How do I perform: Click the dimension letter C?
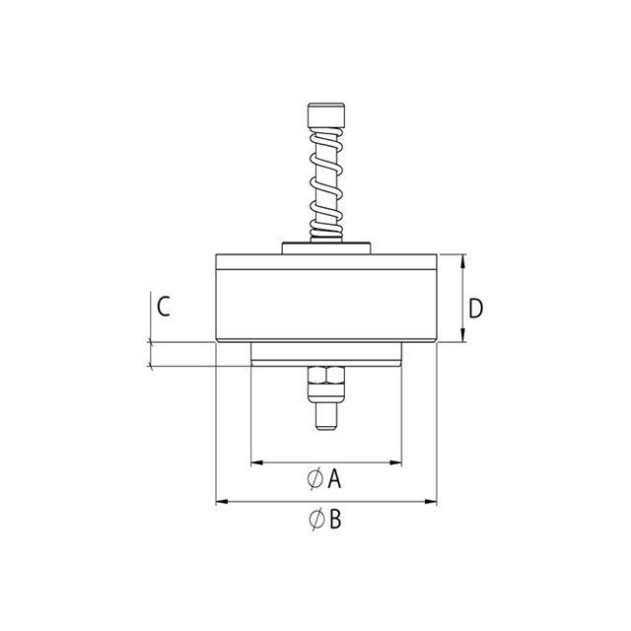164,307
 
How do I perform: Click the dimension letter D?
475,309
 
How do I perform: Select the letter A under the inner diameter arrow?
334,479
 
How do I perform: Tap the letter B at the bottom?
335,519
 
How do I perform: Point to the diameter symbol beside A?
315,478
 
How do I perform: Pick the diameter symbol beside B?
317,519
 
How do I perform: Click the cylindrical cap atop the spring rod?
326,115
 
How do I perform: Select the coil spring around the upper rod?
326,184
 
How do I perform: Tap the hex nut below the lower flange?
326,375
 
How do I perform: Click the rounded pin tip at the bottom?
326,417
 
